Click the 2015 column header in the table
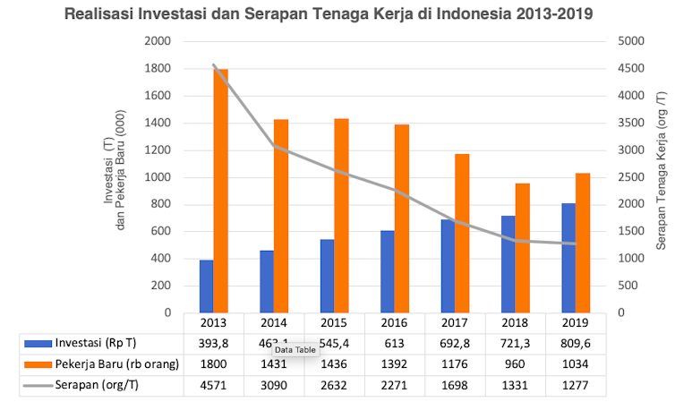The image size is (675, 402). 334,322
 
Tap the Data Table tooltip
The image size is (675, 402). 295,349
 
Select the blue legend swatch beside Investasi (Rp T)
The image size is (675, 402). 38,343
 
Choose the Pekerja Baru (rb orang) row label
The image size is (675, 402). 116,364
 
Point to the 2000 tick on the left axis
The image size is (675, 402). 158,41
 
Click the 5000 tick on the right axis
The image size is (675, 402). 631,41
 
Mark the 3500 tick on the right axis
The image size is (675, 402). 631,123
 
